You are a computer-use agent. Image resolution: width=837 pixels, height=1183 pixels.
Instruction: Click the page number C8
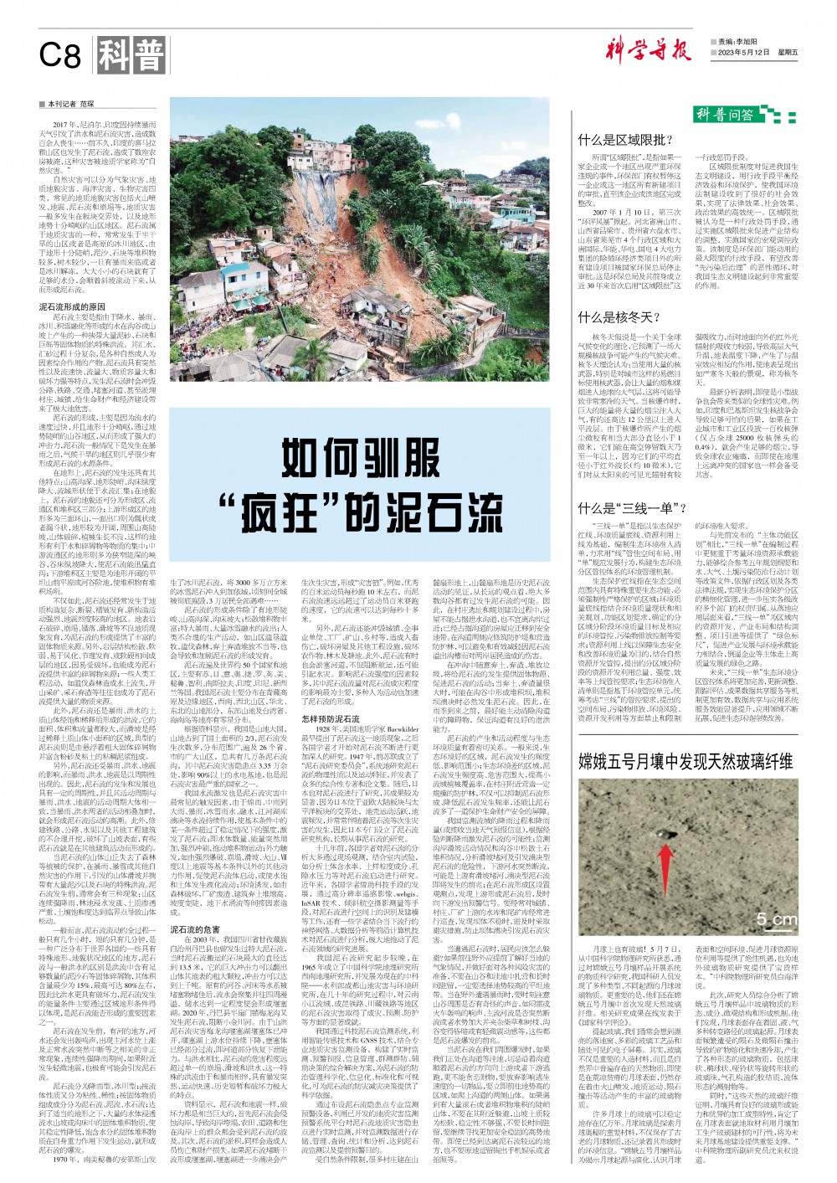tap(59, 56)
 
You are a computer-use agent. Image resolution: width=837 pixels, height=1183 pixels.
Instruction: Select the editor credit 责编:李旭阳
tap(737, 40)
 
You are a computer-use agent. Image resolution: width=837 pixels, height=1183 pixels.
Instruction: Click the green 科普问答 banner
tap(725, 114)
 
